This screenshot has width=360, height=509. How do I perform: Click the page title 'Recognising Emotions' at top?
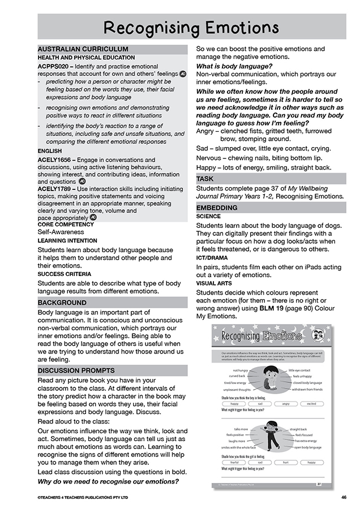191,27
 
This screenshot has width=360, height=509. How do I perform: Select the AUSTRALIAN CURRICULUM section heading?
83,49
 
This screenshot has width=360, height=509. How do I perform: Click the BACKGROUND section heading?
62,303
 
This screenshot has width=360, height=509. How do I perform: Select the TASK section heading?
205,179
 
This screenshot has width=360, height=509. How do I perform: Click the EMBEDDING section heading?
217,208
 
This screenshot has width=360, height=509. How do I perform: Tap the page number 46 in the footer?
344,498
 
